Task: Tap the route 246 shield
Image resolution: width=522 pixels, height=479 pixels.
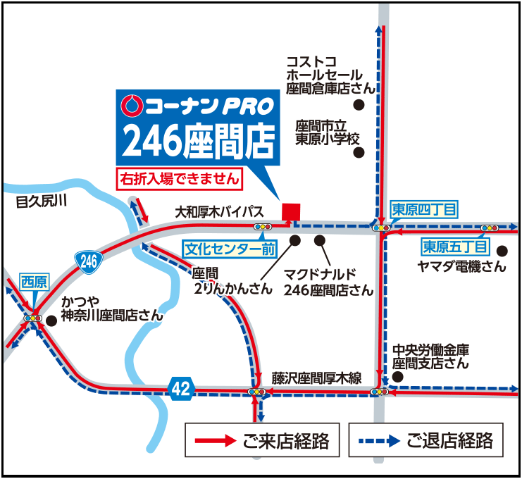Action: (x=89, y=261)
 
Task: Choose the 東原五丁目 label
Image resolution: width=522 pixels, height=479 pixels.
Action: (x=455, y=247)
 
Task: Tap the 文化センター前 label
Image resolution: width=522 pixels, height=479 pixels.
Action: (x=230, y=249)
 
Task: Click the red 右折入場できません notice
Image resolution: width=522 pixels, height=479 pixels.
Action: (x=179, y=179)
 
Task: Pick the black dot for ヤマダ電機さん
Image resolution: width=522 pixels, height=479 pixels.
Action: (x=502, y=250)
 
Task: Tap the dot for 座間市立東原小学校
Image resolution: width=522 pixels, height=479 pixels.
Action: (x=358, y=151)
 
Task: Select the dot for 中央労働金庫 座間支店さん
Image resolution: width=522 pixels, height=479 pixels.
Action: (x=397, y=377)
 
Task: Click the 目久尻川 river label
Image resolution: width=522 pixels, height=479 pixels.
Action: (x=41, y=202)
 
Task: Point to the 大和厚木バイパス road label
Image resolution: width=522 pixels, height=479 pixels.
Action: (x=219, y=211)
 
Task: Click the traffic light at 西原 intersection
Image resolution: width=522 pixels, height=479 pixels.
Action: (x=32, y=318)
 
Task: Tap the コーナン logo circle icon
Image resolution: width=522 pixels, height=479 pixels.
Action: (x=131, y=106)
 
